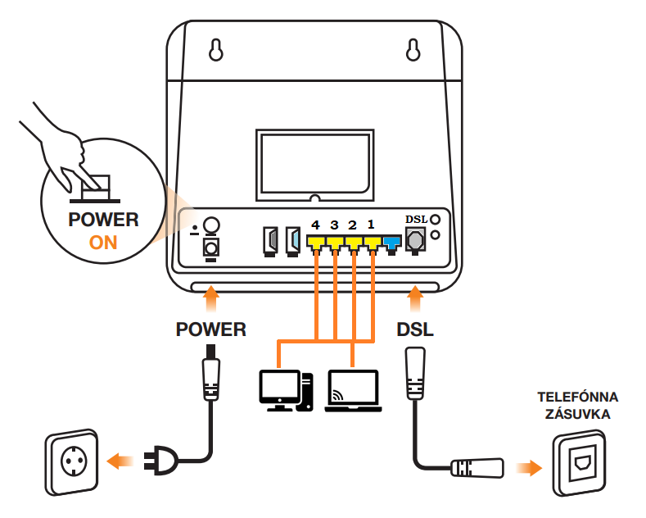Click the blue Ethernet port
392,243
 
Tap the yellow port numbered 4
315,243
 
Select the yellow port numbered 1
373,243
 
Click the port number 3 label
334,225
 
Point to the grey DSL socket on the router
415,240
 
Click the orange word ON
103,243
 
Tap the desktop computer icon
286,391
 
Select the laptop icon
353,391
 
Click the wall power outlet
72,462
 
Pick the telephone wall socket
579,463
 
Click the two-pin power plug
160,461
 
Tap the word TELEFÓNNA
577,398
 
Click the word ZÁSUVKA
577,414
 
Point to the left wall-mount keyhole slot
216,50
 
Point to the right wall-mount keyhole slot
413,50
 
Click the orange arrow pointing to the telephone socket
529,468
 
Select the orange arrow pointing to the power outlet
120,461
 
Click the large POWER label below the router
211,329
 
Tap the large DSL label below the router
415,329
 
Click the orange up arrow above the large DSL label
415,299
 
